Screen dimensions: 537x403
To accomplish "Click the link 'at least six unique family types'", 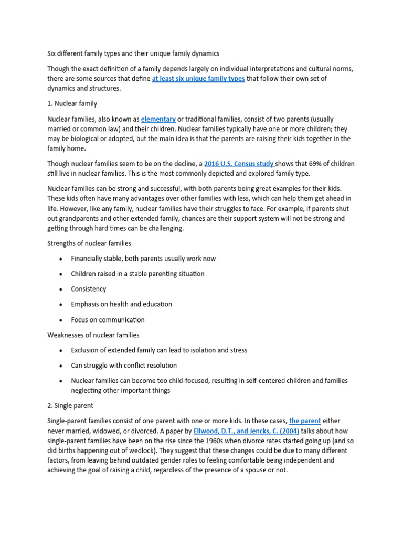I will pos(198,79).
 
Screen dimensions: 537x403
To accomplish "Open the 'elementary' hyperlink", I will pos(158,119).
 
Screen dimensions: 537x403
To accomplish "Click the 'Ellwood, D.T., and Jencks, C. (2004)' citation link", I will pos(246,431).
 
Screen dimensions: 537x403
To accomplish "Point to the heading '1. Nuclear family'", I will pos(72,103).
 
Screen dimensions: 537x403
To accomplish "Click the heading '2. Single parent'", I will pos(70,405).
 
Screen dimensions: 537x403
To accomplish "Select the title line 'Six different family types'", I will pos(134,53).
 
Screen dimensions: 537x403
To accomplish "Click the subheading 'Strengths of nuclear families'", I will pos(89,243).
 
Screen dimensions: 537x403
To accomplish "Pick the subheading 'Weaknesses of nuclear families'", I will pos(93,335).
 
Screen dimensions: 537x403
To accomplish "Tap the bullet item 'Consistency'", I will pos(89,289).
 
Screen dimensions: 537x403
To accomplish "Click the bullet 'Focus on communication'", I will pos(108,320).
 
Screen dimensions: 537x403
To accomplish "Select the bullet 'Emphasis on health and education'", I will pos(122,304).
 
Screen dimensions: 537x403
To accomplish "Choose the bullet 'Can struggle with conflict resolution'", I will pos(124,366).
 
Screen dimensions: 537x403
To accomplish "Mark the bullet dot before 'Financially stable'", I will pos(61,259).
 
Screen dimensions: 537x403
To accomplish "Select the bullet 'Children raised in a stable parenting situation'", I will pos(138,274).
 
